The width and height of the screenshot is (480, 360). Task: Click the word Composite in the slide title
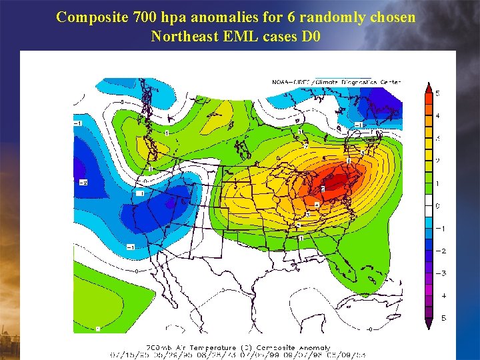[x=89, y=17]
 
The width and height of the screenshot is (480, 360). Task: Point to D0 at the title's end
[x=311, y=36]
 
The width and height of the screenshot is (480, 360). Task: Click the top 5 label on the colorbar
[x=438, y=93]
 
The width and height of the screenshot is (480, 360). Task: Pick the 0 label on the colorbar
[x=438, y=206]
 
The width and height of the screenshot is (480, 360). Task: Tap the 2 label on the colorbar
[x=438, y=161]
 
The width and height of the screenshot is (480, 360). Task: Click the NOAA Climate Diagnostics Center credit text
[x=336, y=82]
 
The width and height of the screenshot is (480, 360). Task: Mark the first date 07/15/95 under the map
[x=127, y=355]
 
